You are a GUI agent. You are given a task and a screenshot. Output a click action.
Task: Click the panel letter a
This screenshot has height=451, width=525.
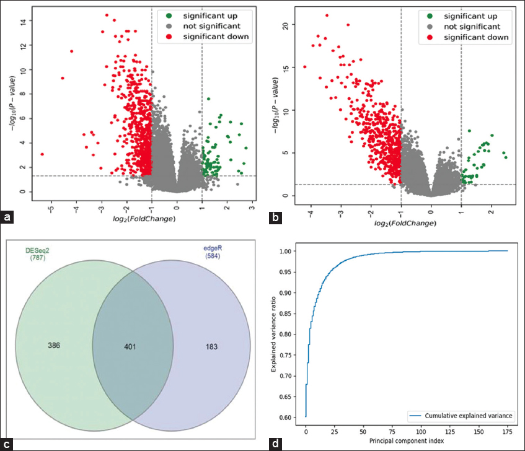[x=7, y=217]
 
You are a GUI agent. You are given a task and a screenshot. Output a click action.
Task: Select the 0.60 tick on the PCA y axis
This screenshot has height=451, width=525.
[x=293, y=418]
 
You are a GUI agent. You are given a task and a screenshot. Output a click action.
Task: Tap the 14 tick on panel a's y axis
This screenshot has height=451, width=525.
[x=22, y=22]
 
